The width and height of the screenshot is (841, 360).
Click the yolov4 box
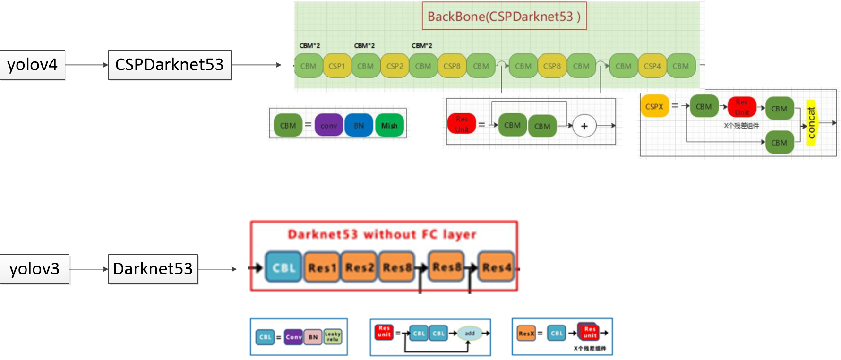pos(33,65)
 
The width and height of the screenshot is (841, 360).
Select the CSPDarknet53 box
pos(170,65)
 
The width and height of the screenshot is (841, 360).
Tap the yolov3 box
pos(34,269)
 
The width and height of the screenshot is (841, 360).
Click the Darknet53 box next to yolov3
pos(153,269)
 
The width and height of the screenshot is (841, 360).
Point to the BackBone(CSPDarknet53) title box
pos(504,17)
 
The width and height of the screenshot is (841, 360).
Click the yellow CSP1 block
pos(337,66)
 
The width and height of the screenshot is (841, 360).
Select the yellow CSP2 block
pos(395,66)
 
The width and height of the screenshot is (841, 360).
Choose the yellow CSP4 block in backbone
pos(652,66)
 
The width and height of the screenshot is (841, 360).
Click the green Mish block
pos(389,126)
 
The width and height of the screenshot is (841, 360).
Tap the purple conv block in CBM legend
pos(329,126)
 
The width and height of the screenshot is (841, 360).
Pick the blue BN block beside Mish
pos(359,126)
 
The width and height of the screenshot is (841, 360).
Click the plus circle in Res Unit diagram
pos(584,127)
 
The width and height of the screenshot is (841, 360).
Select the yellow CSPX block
pos(654,107)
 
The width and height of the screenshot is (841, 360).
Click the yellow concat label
pos(811,123)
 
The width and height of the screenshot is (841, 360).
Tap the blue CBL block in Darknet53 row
pos(283,267)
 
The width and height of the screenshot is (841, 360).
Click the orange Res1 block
pos(322,267)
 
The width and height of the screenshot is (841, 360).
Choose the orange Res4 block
pos(496,267)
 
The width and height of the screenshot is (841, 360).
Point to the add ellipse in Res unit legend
pos(470,333)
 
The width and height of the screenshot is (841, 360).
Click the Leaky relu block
pos(333,337)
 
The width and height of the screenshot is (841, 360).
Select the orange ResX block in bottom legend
pos(526,334)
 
